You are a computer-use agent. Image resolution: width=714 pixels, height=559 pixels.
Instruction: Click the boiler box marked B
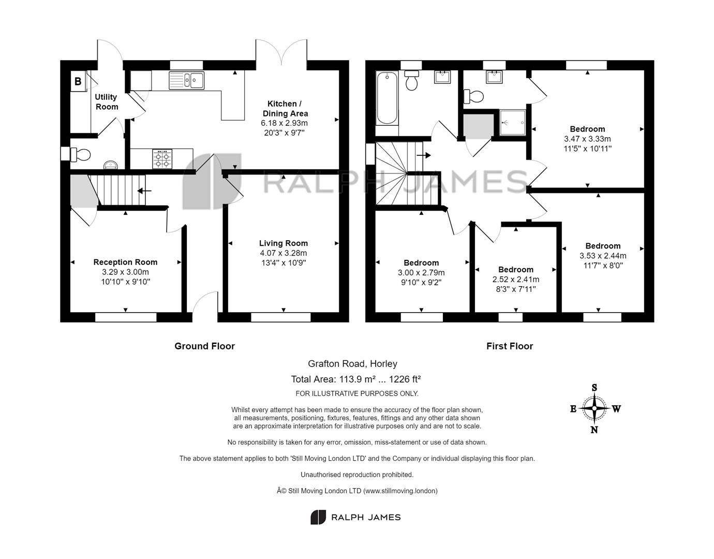78,81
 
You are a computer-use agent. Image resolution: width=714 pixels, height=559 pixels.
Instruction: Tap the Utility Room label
106,102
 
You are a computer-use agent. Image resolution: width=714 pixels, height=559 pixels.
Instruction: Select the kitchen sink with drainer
186,80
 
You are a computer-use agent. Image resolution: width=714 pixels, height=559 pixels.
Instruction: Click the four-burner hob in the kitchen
162,159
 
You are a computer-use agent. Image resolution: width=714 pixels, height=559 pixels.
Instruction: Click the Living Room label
283,243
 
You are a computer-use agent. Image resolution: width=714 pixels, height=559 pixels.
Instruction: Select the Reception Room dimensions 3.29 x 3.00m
125,272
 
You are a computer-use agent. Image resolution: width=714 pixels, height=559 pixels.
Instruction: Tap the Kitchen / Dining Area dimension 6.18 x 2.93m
284,123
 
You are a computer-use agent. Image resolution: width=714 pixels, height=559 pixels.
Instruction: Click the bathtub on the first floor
387,98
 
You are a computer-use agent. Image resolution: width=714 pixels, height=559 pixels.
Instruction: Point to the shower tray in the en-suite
512,122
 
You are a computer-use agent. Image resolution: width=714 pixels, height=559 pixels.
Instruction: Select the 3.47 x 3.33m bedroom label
587,129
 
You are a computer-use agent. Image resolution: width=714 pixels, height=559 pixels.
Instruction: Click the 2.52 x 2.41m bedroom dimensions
515,279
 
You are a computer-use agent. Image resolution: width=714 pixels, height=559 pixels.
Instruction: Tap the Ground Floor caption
204,346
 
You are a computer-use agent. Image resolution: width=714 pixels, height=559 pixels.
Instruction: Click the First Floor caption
510,346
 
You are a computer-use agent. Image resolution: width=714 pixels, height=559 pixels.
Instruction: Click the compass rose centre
594,408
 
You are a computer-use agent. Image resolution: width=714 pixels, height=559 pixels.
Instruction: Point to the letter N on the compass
594,430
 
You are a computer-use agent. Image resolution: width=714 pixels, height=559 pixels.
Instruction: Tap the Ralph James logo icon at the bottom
318,517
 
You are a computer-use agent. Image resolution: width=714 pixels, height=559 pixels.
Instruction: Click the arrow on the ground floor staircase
144,190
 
